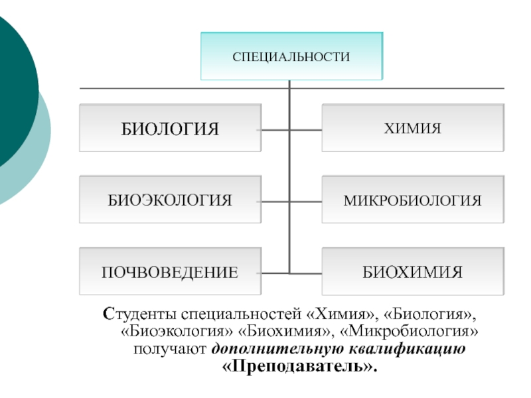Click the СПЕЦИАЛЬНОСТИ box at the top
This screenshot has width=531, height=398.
click(291, 56)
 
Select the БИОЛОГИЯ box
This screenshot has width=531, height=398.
click(170, 128)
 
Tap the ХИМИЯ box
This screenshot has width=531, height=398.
click(412, 128)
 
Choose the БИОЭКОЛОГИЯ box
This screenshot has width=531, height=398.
click(170, 200)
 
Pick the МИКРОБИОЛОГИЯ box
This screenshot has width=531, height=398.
click(412, 200)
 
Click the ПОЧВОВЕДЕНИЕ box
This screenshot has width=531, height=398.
click(170, 271)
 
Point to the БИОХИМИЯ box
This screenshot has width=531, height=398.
click(412, 271)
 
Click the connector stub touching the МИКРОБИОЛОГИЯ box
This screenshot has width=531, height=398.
click(306, 200)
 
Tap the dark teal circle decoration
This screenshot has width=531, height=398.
click(10, 93)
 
